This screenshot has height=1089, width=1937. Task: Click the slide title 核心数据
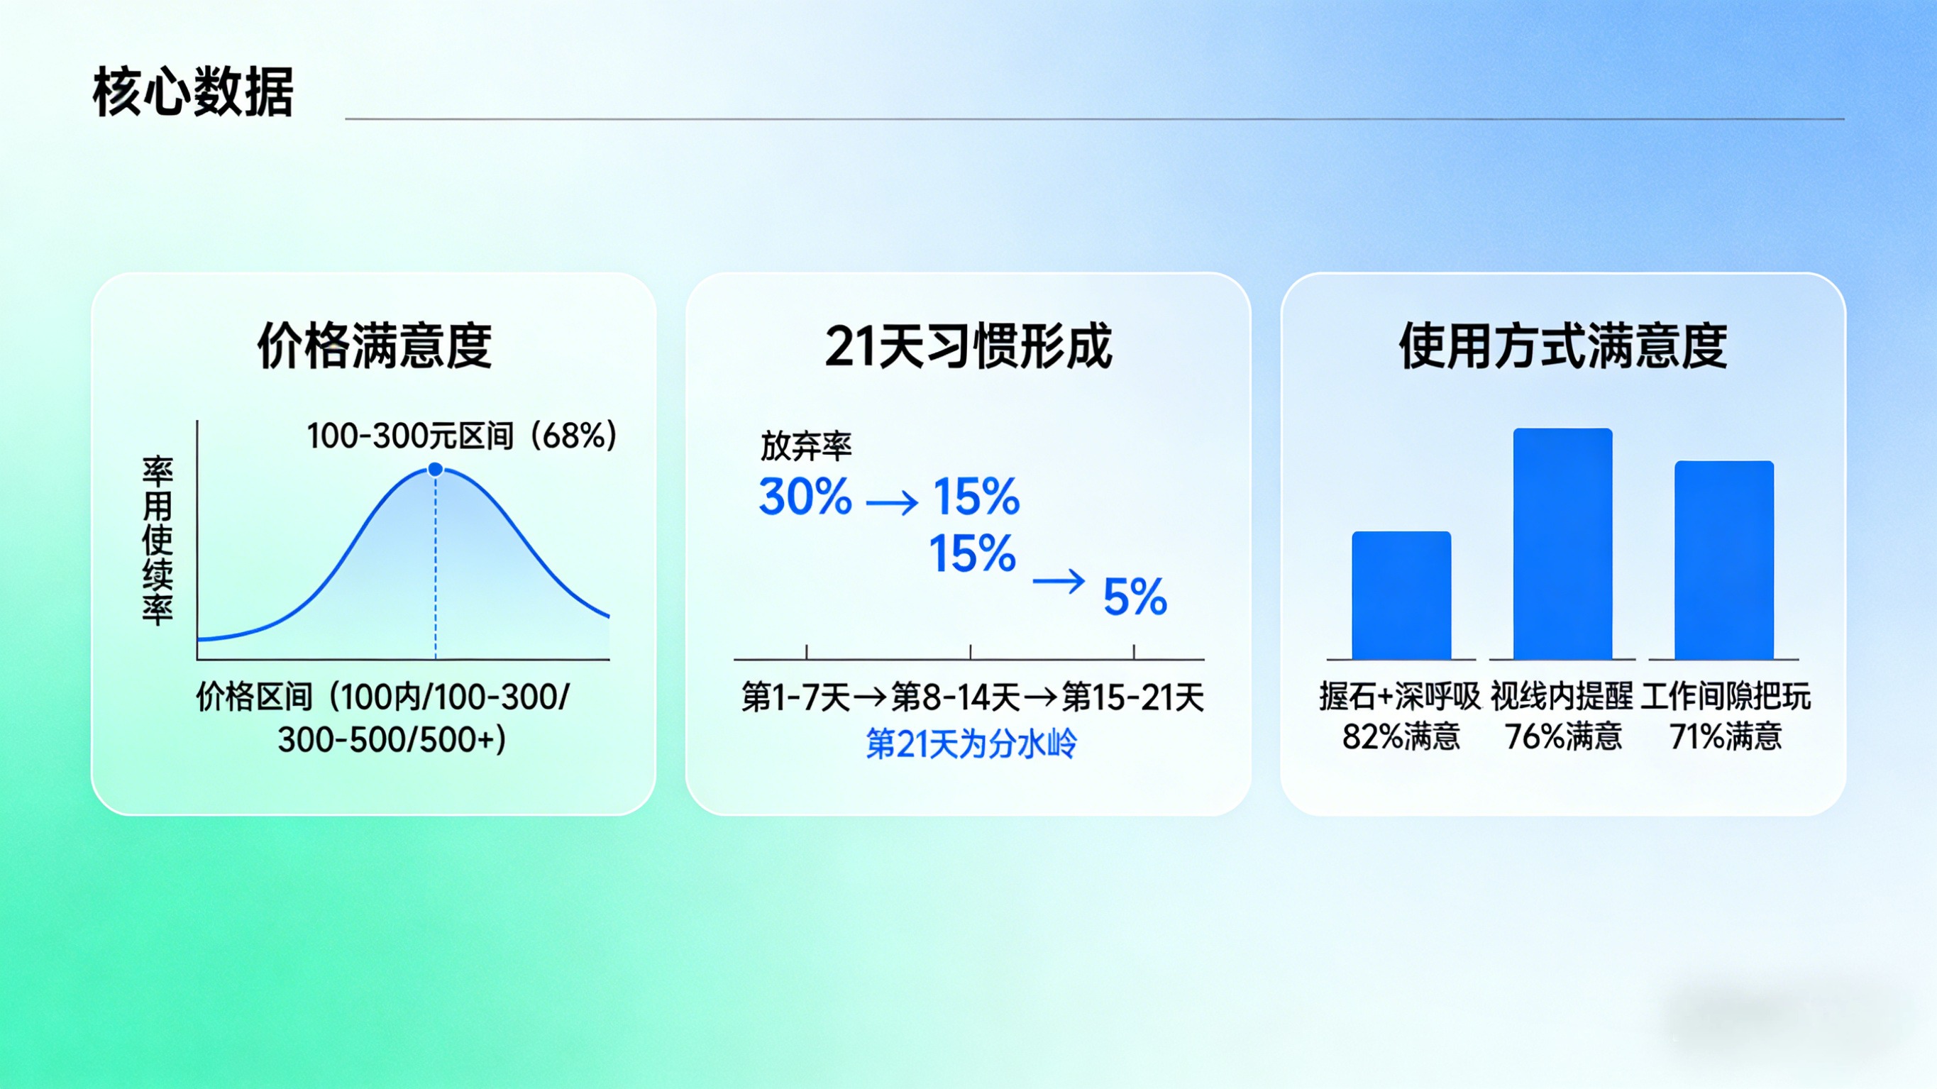tap(192, 92)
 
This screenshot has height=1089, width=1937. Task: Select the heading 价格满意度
tap(375, 346)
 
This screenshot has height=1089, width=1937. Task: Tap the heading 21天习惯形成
tap(968, 346)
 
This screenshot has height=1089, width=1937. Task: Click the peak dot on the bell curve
tap(436, 469)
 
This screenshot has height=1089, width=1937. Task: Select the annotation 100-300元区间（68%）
tap(462, 436)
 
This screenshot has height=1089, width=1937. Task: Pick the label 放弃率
tap(805, 447)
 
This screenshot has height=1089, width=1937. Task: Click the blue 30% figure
tap(805, 497)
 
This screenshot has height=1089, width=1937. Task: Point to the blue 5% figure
tap(1135, 597)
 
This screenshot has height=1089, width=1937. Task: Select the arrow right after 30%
tap(892, 502)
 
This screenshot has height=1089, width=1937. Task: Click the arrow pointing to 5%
tap(1059, 580)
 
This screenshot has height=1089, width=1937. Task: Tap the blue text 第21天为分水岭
tap(971, 743)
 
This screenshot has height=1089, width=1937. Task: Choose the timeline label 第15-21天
tap(1132, 697)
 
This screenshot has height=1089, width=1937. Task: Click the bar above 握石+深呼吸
tap(1401, 596)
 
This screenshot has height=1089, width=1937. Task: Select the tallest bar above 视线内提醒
tap(1562, 543)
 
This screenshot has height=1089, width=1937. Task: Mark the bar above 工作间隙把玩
tap(1724, 560)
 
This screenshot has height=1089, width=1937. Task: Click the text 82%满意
tap(1401, 736)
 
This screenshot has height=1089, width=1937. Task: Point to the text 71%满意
tap(1725, 736)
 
